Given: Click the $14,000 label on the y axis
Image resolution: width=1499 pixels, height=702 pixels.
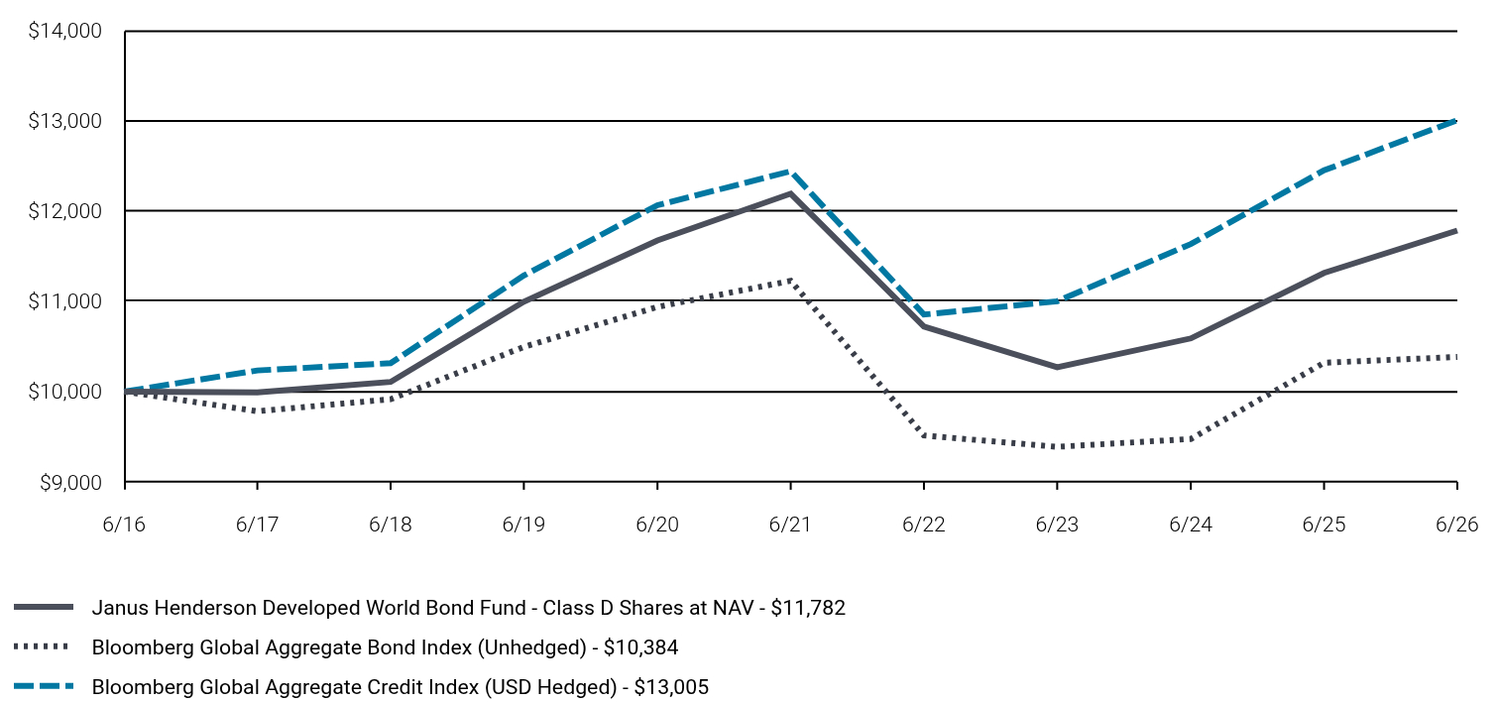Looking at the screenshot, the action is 64,31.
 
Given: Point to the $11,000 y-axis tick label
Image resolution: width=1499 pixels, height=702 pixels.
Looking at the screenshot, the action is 64,301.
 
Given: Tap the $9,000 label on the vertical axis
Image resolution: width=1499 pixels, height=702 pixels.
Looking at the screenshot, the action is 70,483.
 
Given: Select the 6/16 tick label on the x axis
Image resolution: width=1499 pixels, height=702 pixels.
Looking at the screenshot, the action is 124,524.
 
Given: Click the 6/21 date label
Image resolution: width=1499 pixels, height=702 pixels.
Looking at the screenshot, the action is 790,524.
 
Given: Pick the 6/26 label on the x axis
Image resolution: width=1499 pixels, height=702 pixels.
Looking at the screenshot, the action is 1456,524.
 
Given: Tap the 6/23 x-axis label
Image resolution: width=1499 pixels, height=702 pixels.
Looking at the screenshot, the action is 1057,524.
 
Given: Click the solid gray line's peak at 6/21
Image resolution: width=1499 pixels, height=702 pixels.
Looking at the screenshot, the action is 791,194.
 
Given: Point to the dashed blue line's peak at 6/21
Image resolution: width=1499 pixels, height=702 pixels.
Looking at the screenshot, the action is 791,172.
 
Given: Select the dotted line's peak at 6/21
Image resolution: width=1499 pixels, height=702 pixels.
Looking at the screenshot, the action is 791,281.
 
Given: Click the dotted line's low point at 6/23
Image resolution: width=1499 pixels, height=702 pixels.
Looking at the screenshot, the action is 1057,446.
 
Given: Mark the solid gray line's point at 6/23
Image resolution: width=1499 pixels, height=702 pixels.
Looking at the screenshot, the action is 1057,367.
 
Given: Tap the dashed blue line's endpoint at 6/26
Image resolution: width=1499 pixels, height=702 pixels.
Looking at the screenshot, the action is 1456,121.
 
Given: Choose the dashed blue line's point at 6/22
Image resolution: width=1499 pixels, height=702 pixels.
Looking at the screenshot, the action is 924,314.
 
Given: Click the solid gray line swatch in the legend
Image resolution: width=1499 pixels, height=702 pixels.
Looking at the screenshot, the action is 44,607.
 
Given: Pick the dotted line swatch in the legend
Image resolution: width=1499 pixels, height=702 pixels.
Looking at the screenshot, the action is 42,646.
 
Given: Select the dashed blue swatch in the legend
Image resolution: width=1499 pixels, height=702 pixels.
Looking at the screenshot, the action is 44,686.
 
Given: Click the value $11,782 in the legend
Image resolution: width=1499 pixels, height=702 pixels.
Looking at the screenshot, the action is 808,608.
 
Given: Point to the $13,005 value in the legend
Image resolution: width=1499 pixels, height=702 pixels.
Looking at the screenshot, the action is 671,686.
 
